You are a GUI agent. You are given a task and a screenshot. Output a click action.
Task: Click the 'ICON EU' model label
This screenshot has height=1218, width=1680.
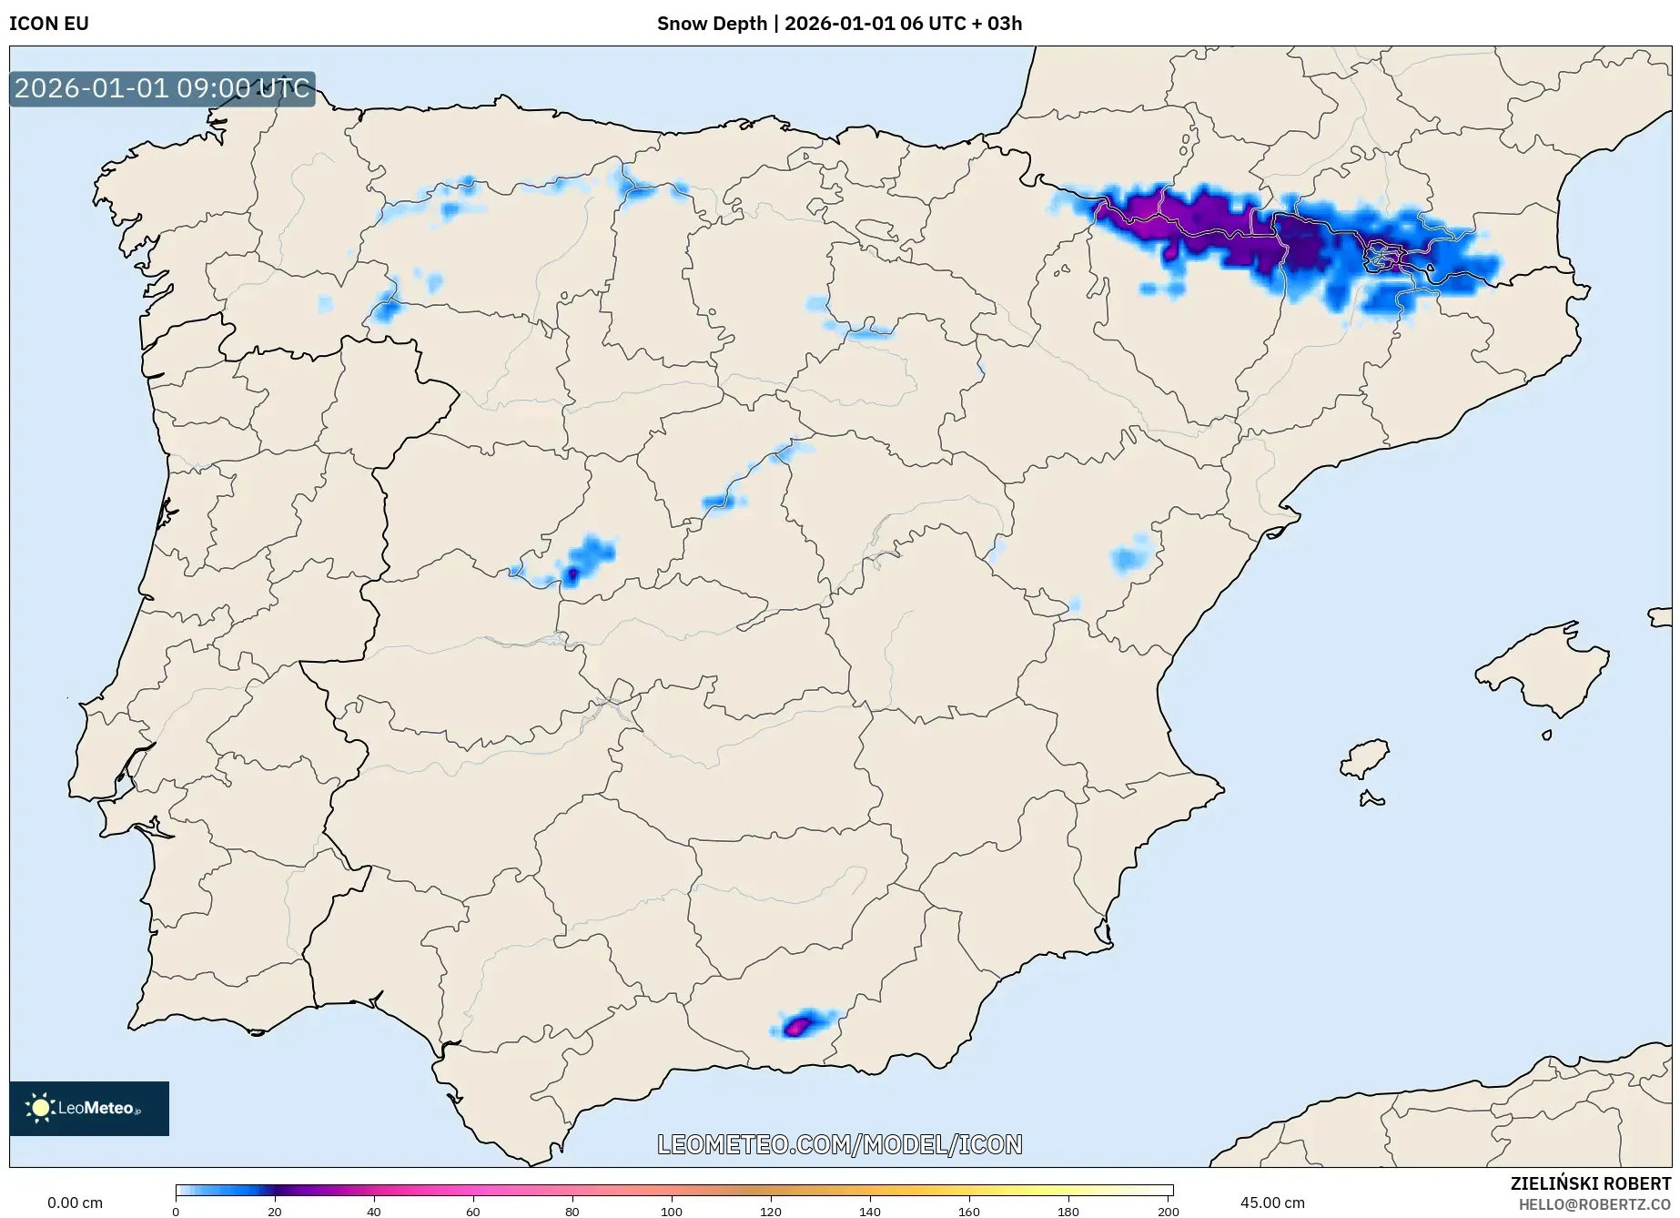(x=49, y=24)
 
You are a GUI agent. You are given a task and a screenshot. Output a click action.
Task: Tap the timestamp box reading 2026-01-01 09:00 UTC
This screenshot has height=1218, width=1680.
(x=162, y=89)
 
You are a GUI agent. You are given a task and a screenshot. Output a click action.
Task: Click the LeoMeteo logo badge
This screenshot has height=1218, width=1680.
(x=89, y=1108)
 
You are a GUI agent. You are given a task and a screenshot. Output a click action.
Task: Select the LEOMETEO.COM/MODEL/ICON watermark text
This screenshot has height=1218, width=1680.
(x=839, y=1144)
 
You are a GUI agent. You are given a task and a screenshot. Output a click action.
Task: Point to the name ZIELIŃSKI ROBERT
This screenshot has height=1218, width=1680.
(x=1590, y=1183)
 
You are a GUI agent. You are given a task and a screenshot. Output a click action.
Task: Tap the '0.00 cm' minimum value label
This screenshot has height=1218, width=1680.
(x=75, y=1203)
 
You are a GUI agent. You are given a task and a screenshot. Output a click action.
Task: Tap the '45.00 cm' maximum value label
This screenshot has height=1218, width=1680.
(x=1271, y=1203)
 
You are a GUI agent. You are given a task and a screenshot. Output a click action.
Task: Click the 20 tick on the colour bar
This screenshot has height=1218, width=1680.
(x=275, y=1211)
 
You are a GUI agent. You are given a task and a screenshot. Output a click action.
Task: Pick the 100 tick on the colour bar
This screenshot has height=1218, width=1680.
(x=672, y=1211)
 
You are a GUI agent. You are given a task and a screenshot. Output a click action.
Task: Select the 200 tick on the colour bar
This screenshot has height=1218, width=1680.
(x=1168, y=1211)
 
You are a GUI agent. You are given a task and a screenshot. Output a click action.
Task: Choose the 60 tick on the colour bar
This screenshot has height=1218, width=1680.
(x=473, y=1211)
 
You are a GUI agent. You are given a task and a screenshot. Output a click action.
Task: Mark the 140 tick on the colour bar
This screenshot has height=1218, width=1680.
(x=870, y=1211)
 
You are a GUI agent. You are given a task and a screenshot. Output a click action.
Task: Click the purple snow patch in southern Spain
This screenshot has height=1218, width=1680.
(x=798, y=1026)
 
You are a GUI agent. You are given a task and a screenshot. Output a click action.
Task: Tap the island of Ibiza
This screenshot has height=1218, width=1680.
(x=1366, y=757)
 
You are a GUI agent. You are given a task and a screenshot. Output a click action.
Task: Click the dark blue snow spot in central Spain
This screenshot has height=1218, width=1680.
(x=572, y=574)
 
